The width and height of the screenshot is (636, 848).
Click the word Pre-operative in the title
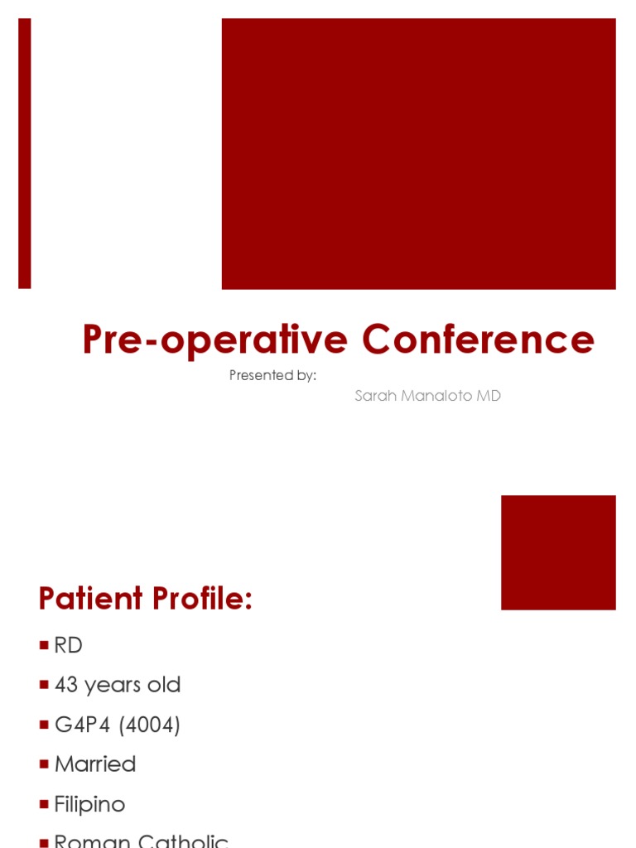pos(214,340)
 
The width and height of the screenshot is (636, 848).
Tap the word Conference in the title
pos(478,340)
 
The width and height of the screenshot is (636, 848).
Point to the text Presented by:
pos(272,375)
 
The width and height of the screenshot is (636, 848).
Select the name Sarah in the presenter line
pos(375,396)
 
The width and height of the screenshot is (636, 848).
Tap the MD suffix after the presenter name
pos(489,396)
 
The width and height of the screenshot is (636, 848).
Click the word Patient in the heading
pos(91,598)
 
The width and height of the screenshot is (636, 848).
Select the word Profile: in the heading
pos(201,598)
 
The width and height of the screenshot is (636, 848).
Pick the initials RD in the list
pos(69,645)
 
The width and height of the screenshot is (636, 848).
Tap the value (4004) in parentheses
pos(149,725)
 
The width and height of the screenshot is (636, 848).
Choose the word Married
pos(95,764)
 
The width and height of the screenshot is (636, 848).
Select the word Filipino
pos(89,804)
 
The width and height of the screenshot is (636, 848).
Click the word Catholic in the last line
pos(184,841)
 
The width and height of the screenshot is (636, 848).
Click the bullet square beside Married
pos(44,765)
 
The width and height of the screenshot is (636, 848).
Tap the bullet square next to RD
pos(44,646)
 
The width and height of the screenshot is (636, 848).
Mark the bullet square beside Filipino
pos(44,805)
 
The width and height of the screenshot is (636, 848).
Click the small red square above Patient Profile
pos(558,552)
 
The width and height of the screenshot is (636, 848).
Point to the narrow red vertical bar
pos(25,153)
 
